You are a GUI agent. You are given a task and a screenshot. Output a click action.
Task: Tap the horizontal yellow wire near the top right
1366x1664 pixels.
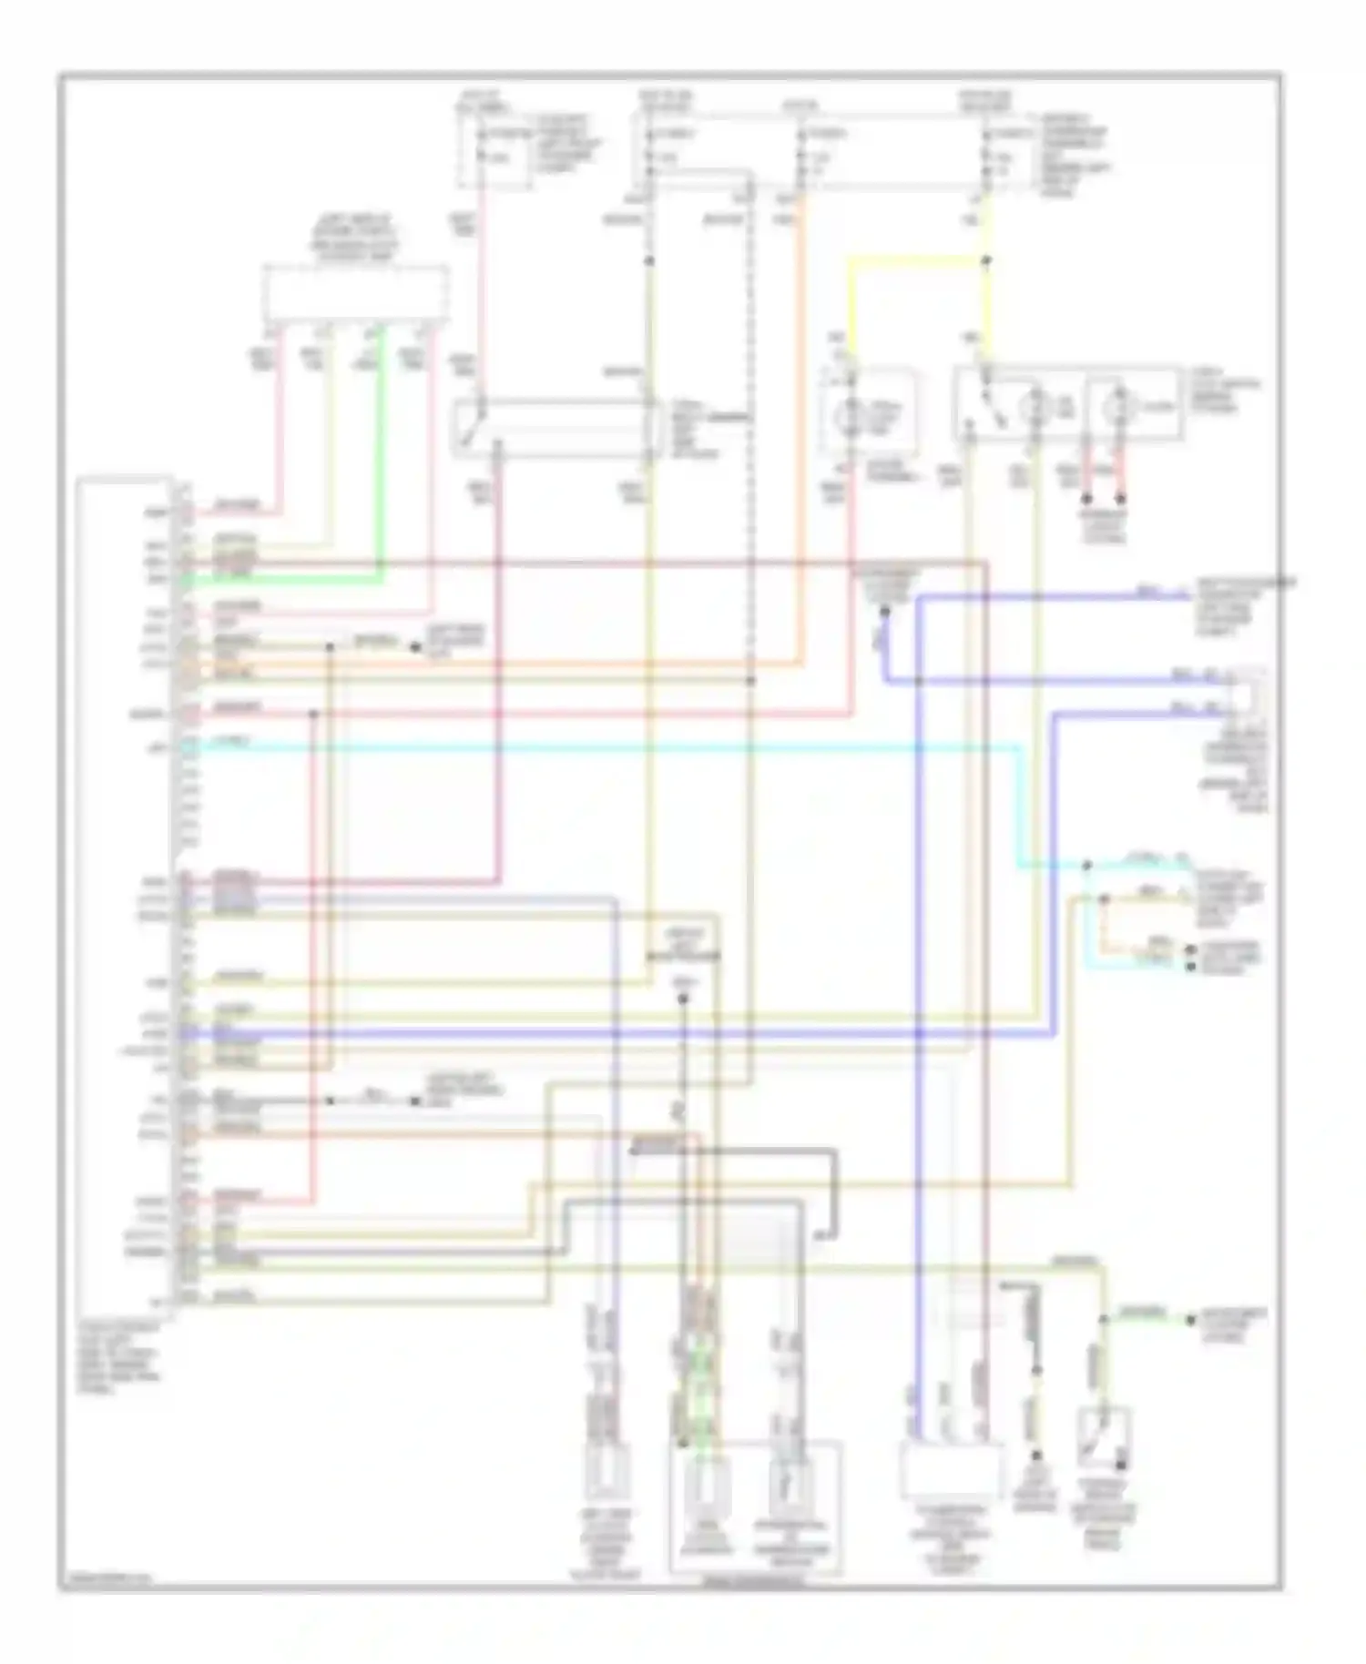pos(915,260)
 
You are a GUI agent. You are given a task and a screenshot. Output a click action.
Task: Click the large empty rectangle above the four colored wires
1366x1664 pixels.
pos(355,292)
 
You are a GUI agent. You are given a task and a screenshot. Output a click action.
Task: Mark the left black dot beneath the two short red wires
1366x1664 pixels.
pos(1086,499)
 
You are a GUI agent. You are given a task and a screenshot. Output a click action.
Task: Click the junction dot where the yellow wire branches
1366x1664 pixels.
pos(987,261)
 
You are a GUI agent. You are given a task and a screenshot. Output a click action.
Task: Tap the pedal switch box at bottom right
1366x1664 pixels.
pos(1103,1437)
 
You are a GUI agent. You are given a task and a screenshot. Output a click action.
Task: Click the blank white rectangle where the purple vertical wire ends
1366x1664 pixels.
pos(949,1470)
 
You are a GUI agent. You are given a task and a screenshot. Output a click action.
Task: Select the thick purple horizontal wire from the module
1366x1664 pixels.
pos(619,1034)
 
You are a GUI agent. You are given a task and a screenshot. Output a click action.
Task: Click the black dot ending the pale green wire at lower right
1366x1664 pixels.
pos(1189,1319)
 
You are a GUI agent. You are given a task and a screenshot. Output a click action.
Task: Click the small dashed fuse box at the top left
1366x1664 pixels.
pos(493,150)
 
